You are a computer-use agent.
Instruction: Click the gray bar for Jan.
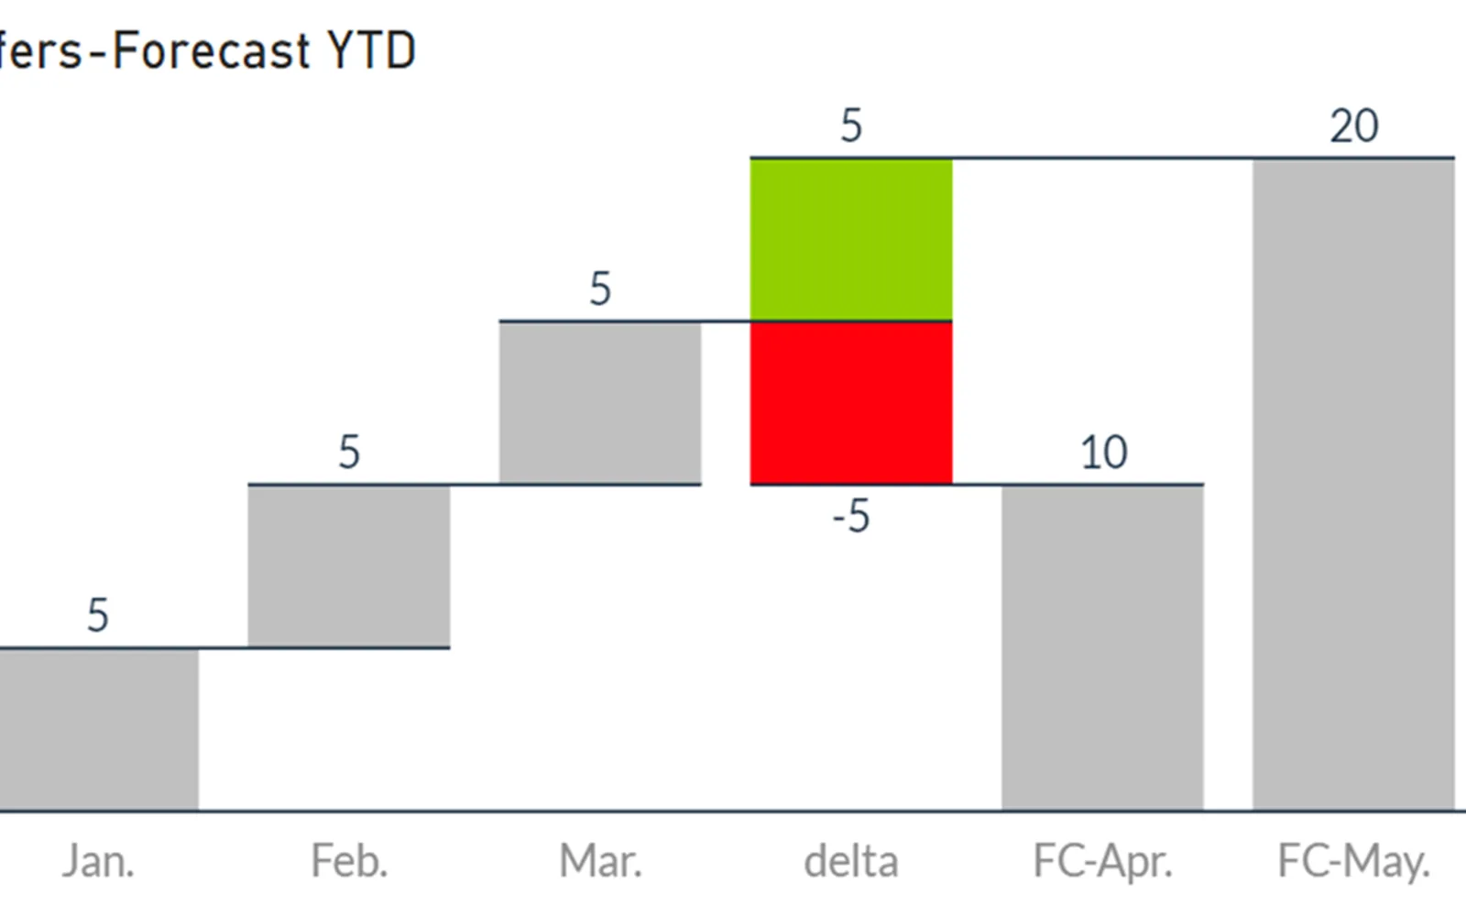(x=99, y=729)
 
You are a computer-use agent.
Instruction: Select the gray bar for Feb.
(x=349, y=566)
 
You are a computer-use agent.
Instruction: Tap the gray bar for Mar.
(x=600, y=402)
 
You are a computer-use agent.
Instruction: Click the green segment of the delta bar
(x=851, y=239)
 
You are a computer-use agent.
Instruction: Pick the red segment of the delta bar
(x=851, y=402)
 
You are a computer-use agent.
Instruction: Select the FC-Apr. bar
(x=1102, y=648)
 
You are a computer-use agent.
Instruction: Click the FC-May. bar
(x=1353, y=485)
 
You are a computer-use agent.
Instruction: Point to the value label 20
(x=1354, y=125)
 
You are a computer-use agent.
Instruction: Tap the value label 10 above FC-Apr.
(x=1103, y=453)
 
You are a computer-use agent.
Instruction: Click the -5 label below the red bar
(x=851, y=517)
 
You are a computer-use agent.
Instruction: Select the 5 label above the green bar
(x=851, y=125)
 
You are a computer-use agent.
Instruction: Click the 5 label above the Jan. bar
(x=97, y=616)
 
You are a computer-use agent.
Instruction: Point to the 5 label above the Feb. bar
(x=349, y=453)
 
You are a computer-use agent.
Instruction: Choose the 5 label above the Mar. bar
(x=600, y=289)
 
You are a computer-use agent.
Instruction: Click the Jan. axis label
(x=98, y=861)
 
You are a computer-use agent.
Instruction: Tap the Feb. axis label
(x=349, y=861)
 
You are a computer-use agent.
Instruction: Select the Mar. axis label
(x=600, y=861)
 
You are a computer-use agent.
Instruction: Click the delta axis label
(x=851, y=861)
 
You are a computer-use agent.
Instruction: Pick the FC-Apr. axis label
(x=1103, y=862)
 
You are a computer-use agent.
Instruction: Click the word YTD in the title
(x=371, y=50)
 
